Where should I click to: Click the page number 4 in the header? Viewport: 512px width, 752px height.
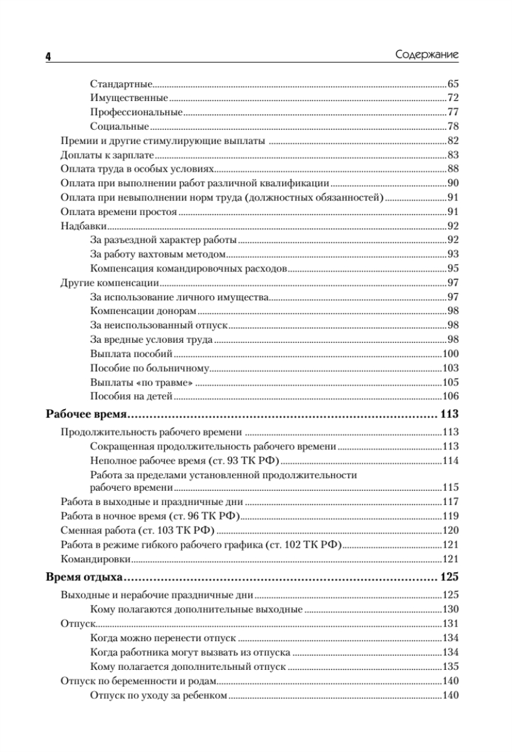48,56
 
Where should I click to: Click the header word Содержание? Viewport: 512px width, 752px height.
427,55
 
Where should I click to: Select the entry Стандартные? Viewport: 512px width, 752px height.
122,83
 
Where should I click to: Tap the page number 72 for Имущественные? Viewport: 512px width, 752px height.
453,98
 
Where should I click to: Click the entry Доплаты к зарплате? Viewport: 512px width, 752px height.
107,155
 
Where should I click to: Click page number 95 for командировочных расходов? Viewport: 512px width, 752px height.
453,269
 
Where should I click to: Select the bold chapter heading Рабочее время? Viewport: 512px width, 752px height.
88,414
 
